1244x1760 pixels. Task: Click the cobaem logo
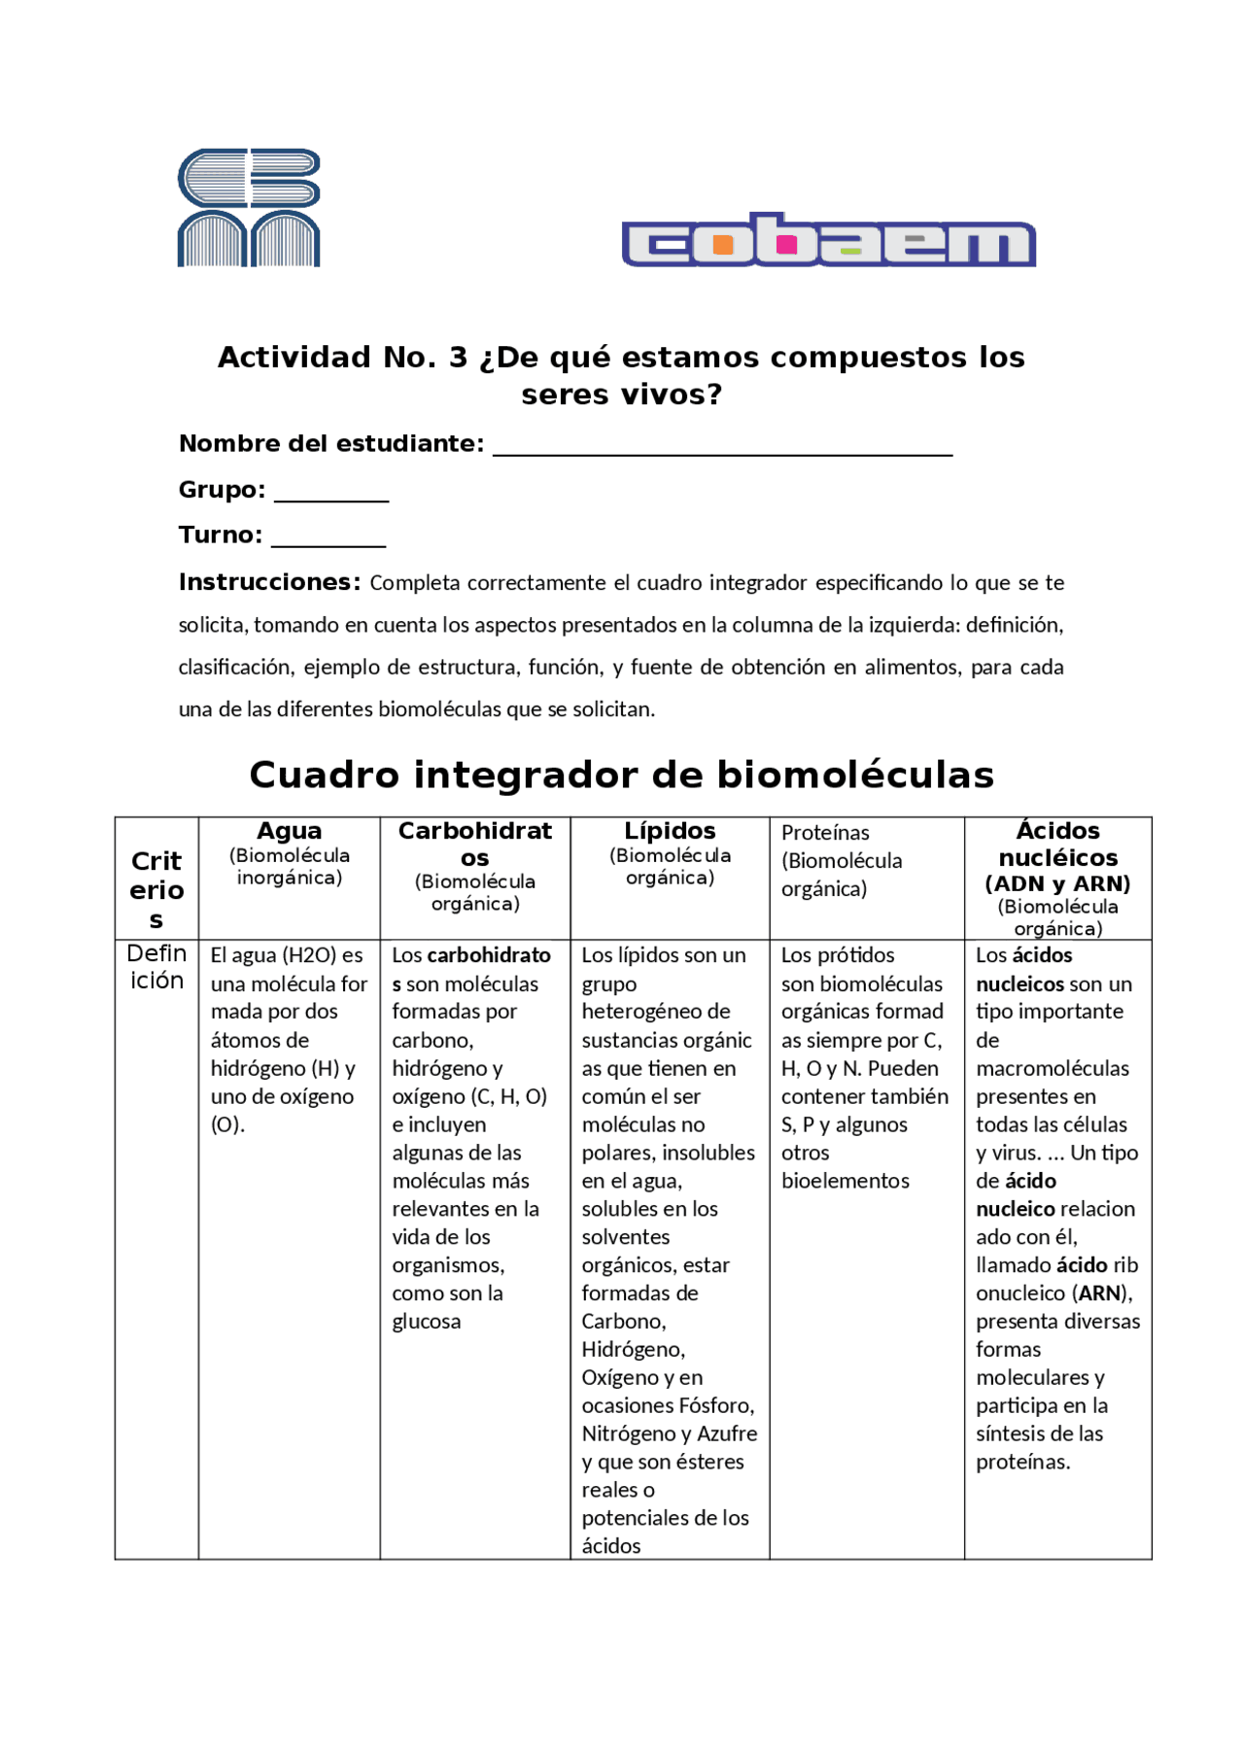[x=828, y=240]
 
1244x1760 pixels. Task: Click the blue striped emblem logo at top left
[x=249, y=208]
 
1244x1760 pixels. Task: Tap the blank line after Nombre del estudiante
[x=722, y=446]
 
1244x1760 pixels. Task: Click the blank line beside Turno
[x=328, y=537]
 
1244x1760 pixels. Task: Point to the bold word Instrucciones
[x=269, y=582]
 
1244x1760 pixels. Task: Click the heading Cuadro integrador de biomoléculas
[x=621, y=775]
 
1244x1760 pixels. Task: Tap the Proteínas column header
[x=825, y=833]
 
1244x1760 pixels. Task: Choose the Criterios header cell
[x=156, y=889]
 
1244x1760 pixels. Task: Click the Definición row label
[x=156, y=966]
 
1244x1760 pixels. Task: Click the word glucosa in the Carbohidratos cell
[x=427, y=1322]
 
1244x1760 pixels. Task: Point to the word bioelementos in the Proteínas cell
[x=846, y=1181]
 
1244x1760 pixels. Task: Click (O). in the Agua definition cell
[x=227, y=1124]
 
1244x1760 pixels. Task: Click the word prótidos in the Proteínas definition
[x=852, y=955]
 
